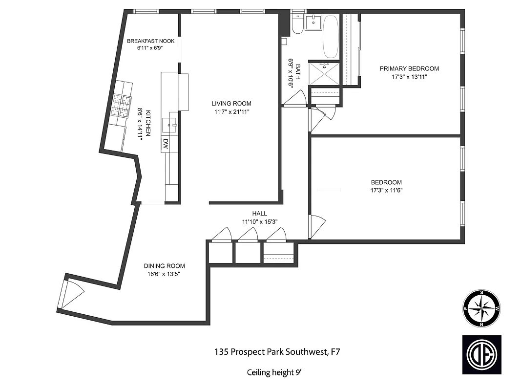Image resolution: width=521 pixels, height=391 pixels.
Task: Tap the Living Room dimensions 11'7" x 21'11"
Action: [x=231, y=111]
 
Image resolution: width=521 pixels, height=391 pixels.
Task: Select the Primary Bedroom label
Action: [x=409, y=68]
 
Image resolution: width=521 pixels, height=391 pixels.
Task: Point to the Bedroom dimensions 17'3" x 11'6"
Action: [x=386, y=190]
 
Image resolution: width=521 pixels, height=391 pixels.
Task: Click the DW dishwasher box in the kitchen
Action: [x=166, y=143]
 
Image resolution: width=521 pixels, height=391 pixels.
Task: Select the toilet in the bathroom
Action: [x=297, y=23]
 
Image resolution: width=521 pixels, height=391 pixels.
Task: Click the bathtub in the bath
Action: [x=331, y=37]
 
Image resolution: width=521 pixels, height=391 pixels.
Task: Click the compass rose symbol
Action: [x=481, y=308]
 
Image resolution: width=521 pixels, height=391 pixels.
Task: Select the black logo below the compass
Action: [x=481, y=354]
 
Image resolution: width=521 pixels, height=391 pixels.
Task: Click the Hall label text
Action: [x=259, y=214]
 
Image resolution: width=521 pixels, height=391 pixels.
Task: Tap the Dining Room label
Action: [x=164, y=266]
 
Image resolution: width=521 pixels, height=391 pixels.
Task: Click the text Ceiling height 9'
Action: [x=274, y=372]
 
